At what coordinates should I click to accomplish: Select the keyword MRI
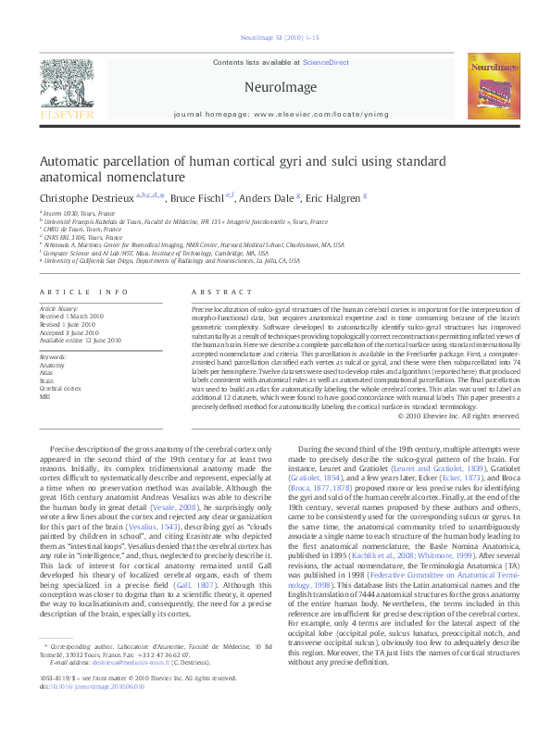pyautogui.click(x=45, y=396)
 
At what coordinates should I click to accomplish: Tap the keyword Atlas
pyautogui.click(x=47, y=372)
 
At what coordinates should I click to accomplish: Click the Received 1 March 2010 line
pyautogui.click(x=70, y=316)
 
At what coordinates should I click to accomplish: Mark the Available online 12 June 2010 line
pyautogui.click(x=80, y=340)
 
